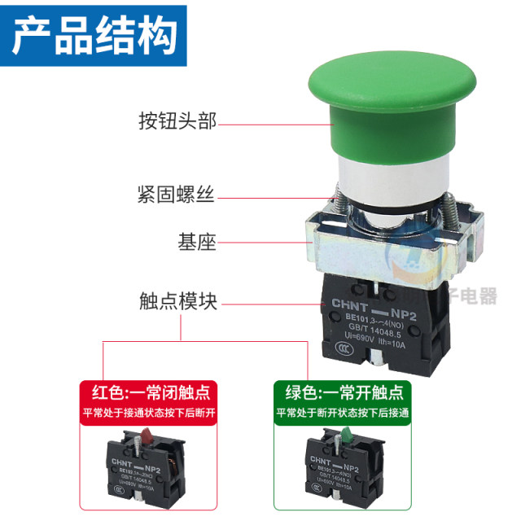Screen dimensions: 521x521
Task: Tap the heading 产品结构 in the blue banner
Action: [94, 35]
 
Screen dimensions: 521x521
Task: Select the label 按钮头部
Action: [177, 123]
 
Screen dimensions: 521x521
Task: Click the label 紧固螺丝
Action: [177, 195]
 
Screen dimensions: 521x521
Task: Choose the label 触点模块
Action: [177, 303]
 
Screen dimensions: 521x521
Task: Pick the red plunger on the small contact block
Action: [145, 436]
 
